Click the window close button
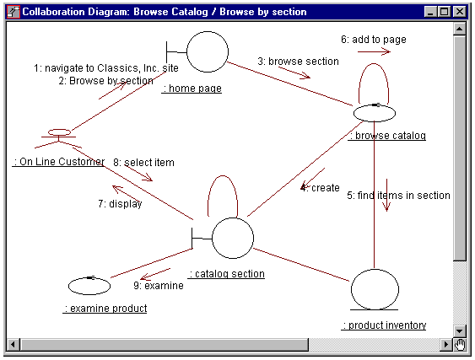(x=460, y=12)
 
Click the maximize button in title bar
(x=445, y=12)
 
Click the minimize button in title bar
(x=431, y=12)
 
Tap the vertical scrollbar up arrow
(x=460, y=29)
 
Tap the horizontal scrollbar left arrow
(x=13, y=345)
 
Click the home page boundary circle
(x=208, y=51)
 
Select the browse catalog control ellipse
(x=375, y=113)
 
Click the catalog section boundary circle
(x=233, y=238)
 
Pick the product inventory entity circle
(x=375, y=290)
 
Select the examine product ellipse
(x=89, y=286)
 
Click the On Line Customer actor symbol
(x=59, y=138)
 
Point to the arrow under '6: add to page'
(x=374, y=51)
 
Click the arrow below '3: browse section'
(x=294, y=73)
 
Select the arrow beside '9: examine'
(x=155, y=274)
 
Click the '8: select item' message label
(x=143, y=163)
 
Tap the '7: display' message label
(x=120, y=204)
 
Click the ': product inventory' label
(x=384, y=325)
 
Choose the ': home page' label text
(x=192, y=89)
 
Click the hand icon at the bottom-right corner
(x=460, y=345)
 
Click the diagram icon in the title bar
(x=13, y=12)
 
